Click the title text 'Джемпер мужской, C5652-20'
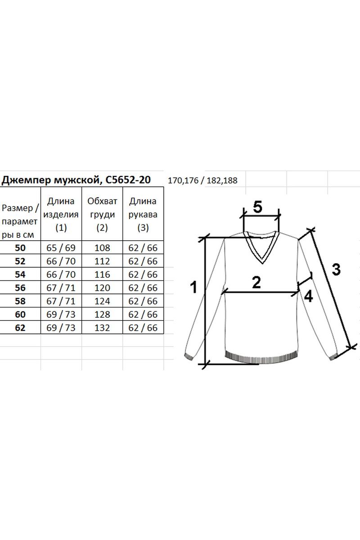(x=76, y=180)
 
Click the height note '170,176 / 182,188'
(x=202, y=180)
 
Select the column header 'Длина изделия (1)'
(x=61, y=214)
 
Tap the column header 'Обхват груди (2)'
(x=102, y=214)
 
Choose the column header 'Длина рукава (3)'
(x=143, y=214)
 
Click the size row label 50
(x=20, y=248)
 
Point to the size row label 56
(x=20, y=288)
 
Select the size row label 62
(x=20, y=328)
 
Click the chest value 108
(x=102, y=248)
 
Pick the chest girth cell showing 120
(x=102, y=288)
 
